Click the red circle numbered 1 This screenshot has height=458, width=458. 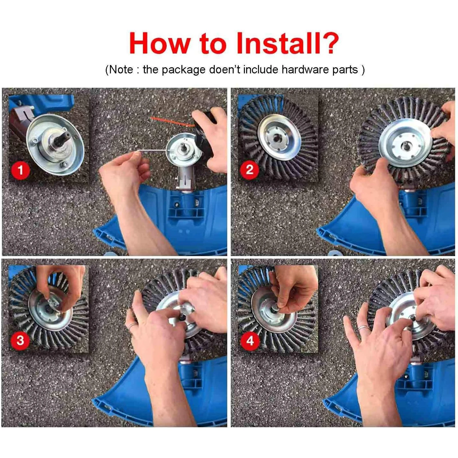tap(21, 170)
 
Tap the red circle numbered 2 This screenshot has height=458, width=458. tap(250, 170)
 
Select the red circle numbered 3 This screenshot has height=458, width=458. tap(20, 340)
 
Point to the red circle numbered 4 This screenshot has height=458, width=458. tap(250, 341)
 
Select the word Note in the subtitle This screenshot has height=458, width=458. tap(121, 70)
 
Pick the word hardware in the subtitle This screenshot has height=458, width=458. tap(305, 70)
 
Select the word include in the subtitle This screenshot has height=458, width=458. tap(261, 70)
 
